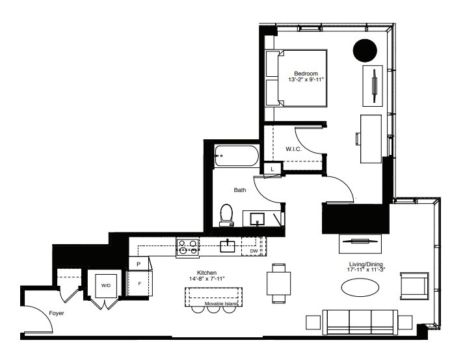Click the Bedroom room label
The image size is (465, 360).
point(305,73)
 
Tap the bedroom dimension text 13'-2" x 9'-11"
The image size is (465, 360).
point(306,79)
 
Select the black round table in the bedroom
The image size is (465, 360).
point(364,50)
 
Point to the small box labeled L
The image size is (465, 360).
point(272,169)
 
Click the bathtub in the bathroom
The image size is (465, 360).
point(237,156)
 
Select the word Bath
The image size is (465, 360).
point(240,191)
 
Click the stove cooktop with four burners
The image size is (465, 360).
point(189,246)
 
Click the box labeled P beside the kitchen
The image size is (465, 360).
point(139,263)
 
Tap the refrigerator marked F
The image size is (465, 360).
point(139,283)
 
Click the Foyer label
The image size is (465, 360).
point(56,314)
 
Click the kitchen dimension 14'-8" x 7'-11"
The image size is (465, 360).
point(207,279)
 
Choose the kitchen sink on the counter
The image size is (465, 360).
point(227,246)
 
